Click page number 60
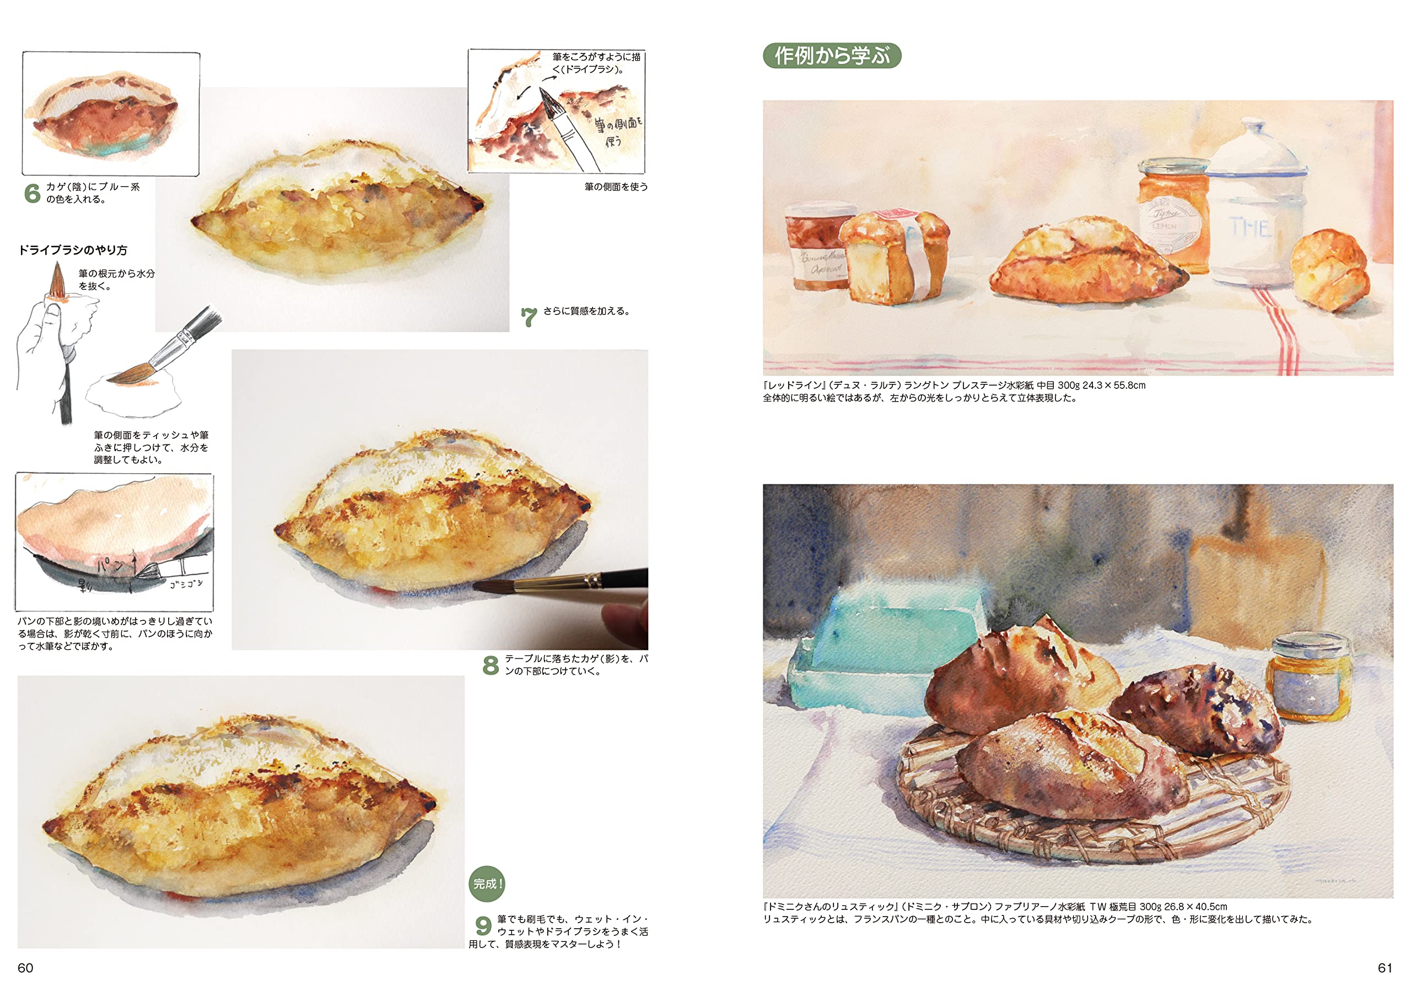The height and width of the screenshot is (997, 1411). [x=25, y=967]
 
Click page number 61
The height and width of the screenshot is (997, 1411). [x=1385, y=967]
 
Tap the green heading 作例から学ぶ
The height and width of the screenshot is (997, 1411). [x=832, y=56]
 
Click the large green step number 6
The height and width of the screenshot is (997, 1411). [x=32, y=193]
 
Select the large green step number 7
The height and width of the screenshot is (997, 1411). [x=529, y=317]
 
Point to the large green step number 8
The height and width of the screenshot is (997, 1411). [x=491, y=665]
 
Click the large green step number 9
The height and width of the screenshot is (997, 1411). [x=483, y=926]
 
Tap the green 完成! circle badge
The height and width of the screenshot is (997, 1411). [x=487, y=884]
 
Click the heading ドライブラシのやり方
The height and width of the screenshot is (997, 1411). [x=73, y=250]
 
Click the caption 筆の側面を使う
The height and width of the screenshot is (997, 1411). [x=616, y=187]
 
